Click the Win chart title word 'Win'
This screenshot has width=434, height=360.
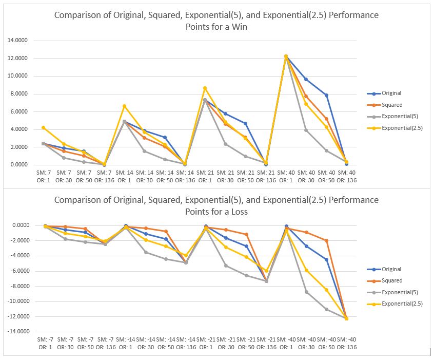click(239, 27)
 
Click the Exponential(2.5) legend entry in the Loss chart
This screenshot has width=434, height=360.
click(402, 304)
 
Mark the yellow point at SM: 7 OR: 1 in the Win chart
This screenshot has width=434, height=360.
click(44, 127)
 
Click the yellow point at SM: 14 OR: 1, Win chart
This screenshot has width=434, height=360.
click(124, 106)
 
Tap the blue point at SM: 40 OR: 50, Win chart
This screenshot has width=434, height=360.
click(326, 95)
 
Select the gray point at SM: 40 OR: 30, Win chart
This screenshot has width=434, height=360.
click(306, 130)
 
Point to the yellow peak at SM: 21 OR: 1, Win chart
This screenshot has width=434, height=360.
click(205, 88)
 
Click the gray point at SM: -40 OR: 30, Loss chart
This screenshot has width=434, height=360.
click(306, 292)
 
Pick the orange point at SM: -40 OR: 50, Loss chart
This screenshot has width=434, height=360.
click(326, 240)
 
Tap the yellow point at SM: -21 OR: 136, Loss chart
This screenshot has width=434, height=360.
click(266, 271)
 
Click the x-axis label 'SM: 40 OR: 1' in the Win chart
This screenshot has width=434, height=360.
click(286, 177)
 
